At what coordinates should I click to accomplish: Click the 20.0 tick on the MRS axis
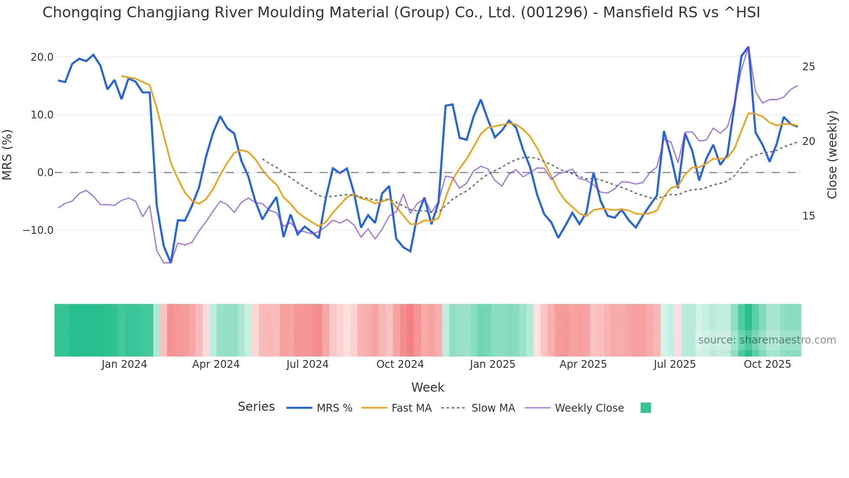coord(42,57)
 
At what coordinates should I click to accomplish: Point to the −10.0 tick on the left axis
coord(38,230)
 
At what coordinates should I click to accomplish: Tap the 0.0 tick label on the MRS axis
coord(45,173)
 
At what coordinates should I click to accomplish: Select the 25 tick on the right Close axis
coord(808,67)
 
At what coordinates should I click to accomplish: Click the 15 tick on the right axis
coord(808,216)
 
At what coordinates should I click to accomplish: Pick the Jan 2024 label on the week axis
coord(124,364)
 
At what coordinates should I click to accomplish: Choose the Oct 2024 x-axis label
coord(400,364)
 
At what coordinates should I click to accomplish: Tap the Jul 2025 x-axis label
coord(674,364)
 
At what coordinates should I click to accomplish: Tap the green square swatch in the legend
coord(645,408)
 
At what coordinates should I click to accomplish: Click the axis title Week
coord(428,387)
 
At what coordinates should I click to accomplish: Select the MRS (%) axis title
coord(7,154)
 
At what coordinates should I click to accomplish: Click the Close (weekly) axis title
coord(832,154)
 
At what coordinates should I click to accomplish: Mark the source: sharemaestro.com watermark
coord(767,340)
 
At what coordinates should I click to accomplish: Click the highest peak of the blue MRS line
coord(748,47)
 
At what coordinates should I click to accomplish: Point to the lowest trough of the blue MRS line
coord(171,262)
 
